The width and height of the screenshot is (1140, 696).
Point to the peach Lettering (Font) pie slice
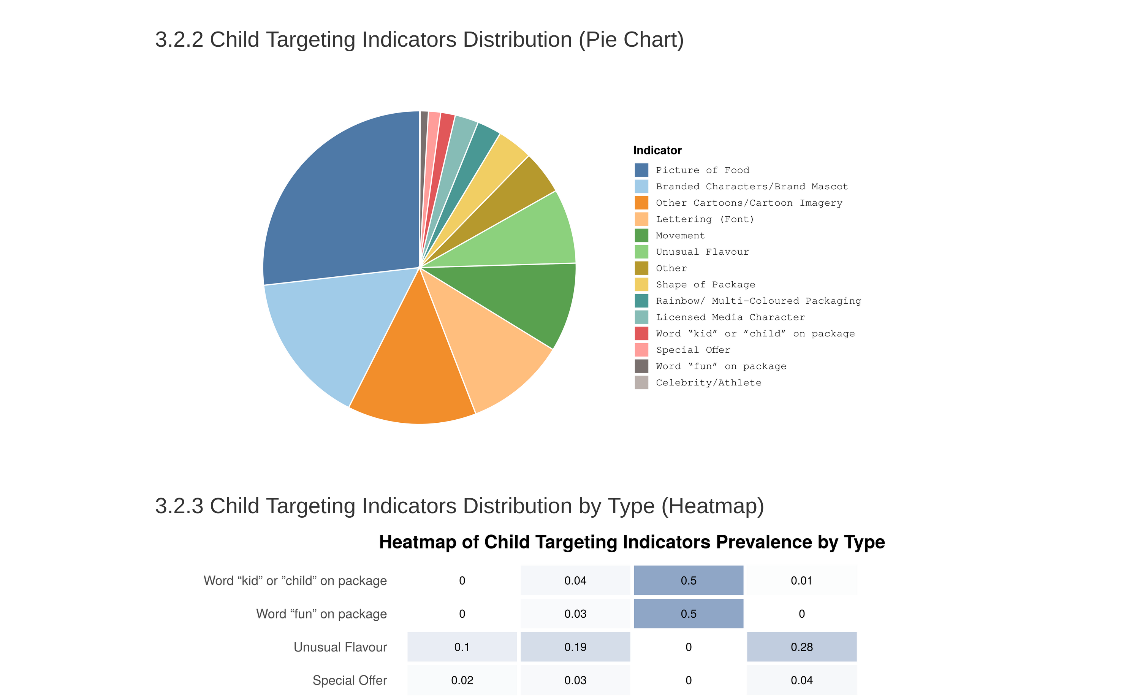(x=491, y=352)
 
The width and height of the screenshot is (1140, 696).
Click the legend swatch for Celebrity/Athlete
(x=641, y=383)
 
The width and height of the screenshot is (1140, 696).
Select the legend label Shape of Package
(x=705, y=285)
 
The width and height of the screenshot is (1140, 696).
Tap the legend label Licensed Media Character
(x=730, y=317)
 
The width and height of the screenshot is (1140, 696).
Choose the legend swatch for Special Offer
(x=641, y=350)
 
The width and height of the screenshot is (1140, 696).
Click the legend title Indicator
(x=657, y=151)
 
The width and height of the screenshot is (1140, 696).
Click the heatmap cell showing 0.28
(x=801, y=647)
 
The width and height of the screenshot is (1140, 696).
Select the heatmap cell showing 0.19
(x=575, y=647)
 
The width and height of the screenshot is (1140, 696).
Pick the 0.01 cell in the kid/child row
(x=801, y=580)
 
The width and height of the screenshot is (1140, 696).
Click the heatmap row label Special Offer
(x=349, y=680)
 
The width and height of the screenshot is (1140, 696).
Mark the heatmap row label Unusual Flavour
(x=340, y=647)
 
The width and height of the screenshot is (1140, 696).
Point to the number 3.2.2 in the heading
(x=179, y=40)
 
